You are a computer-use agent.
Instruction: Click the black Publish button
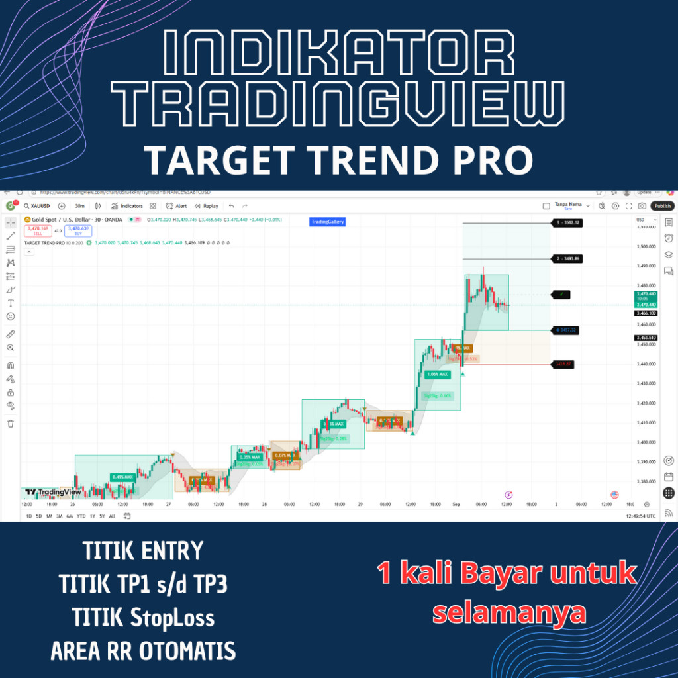coord(662,206)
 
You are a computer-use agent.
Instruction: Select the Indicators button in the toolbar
coord(127,206)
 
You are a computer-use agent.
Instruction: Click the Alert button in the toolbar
coord(177,206)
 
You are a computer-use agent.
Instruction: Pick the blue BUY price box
coord(78,230)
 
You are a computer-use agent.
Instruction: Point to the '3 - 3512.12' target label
coord(567,223)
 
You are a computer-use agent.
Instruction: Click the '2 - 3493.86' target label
coord(567,258)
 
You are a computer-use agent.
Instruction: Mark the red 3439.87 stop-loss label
coord(563,363)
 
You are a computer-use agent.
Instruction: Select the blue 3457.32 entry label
coord(566,330)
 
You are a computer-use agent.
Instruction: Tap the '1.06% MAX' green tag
coord(437,374)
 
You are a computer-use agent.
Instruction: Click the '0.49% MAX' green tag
coord(122,477)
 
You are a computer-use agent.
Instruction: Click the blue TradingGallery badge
coord(328,222)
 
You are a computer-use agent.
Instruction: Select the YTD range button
coord(81,516)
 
